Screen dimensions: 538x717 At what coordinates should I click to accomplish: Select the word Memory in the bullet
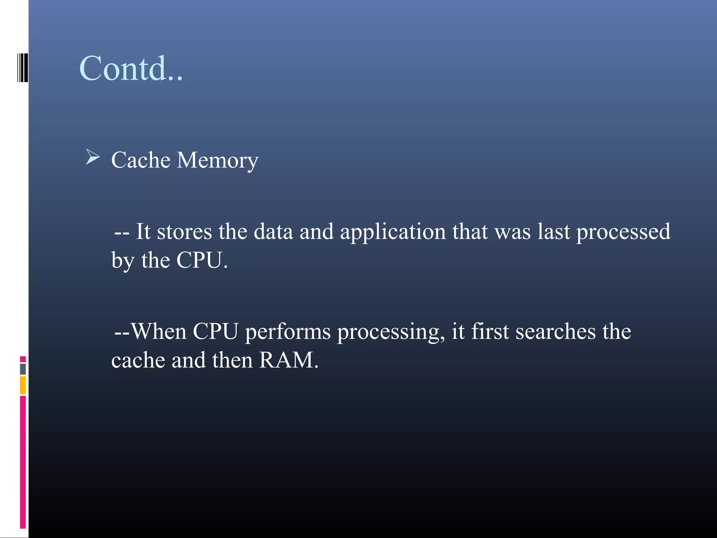pyautogui.click(x=217, y=161)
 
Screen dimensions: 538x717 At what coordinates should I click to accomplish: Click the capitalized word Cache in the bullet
pyautogui.click(x=141, y=160)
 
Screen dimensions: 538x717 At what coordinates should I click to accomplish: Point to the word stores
pyautogui.click(x=184, y=232)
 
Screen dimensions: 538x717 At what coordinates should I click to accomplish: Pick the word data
pyautogui.click(x=273, y=232)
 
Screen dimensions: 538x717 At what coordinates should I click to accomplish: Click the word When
pyautogui.click(x=159, y=331)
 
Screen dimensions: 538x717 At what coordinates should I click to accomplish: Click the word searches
pyautogui.click(x=555, y=331)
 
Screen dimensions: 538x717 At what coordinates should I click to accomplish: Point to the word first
pyautogui.click(x=490, y=331)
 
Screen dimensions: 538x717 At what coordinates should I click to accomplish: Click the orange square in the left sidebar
pyautogui.click(x=23, y=385)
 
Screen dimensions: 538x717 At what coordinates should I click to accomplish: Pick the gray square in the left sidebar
pyautogui.click(x=23, y=369)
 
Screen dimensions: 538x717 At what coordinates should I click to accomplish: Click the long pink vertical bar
pyautogui.click(x=23, y=462)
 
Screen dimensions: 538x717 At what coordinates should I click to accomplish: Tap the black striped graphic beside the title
pyautogui.click(x=22, y=68)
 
